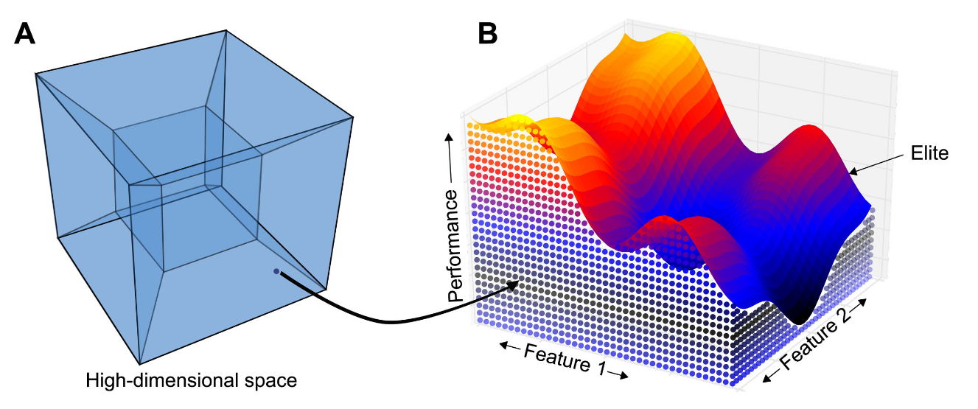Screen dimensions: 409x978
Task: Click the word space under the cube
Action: (x=271, y=382)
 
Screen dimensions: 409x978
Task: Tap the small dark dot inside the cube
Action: (x=276, y=271)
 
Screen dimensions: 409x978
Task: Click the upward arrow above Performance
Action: (x=446, y=141)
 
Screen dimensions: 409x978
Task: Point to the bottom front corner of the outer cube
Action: (x=139, y=364)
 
